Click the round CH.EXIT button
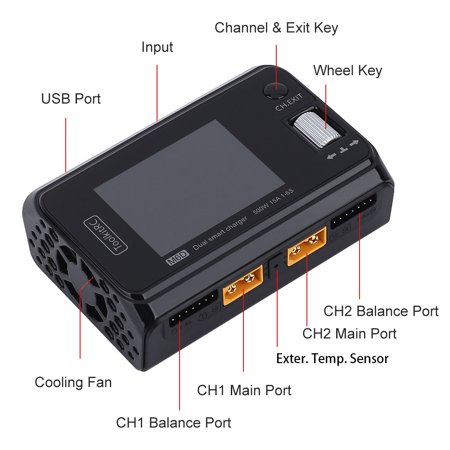pos(276,90)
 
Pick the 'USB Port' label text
pos(71,99)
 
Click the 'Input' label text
pos(157,47)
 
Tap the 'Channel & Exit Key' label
pos(276,28)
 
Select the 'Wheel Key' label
pos(347,71)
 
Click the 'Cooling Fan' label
pos(73,382)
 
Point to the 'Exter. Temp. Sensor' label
pos(332,359)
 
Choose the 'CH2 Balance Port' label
pos(381,311)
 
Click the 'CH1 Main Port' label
pos(244,390)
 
